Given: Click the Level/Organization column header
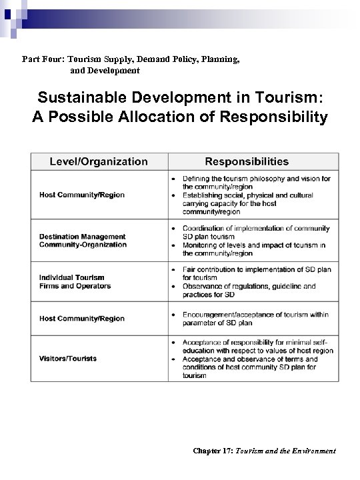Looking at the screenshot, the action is (x=99, y=161).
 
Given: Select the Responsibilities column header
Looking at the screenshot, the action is (x=247, y=161).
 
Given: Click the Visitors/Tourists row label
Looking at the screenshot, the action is (x=68, y=358).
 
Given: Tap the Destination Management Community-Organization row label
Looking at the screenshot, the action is (x=83, y=241).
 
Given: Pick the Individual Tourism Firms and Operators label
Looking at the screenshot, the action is (x=75, y=282).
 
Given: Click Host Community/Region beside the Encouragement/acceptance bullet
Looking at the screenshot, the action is (x=82, y=319).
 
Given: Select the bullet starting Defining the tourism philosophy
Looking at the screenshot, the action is (x=257, y=183).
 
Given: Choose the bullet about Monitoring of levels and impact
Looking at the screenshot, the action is (x=254, y=249).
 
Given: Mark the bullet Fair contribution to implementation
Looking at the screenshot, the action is (x=256, y=273).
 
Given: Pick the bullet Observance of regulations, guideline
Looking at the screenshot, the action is (x=249, y=290).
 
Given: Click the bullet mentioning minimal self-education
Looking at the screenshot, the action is (x=255, y=346).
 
